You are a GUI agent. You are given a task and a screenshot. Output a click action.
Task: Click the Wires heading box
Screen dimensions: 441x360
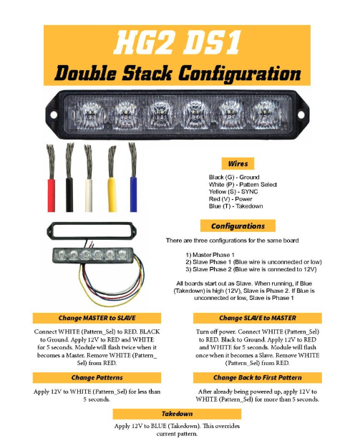pos(238,164)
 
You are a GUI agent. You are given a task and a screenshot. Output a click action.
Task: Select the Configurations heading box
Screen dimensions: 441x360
pos(238,226)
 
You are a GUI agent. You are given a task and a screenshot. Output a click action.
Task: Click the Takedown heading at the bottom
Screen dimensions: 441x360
pos(177,414)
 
